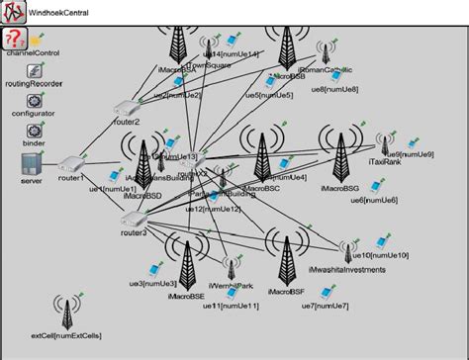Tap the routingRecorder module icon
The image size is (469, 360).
(32, 71)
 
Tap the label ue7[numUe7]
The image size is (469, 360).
(324, 306)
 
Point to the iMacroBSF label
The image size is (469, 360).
(285, 293)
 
